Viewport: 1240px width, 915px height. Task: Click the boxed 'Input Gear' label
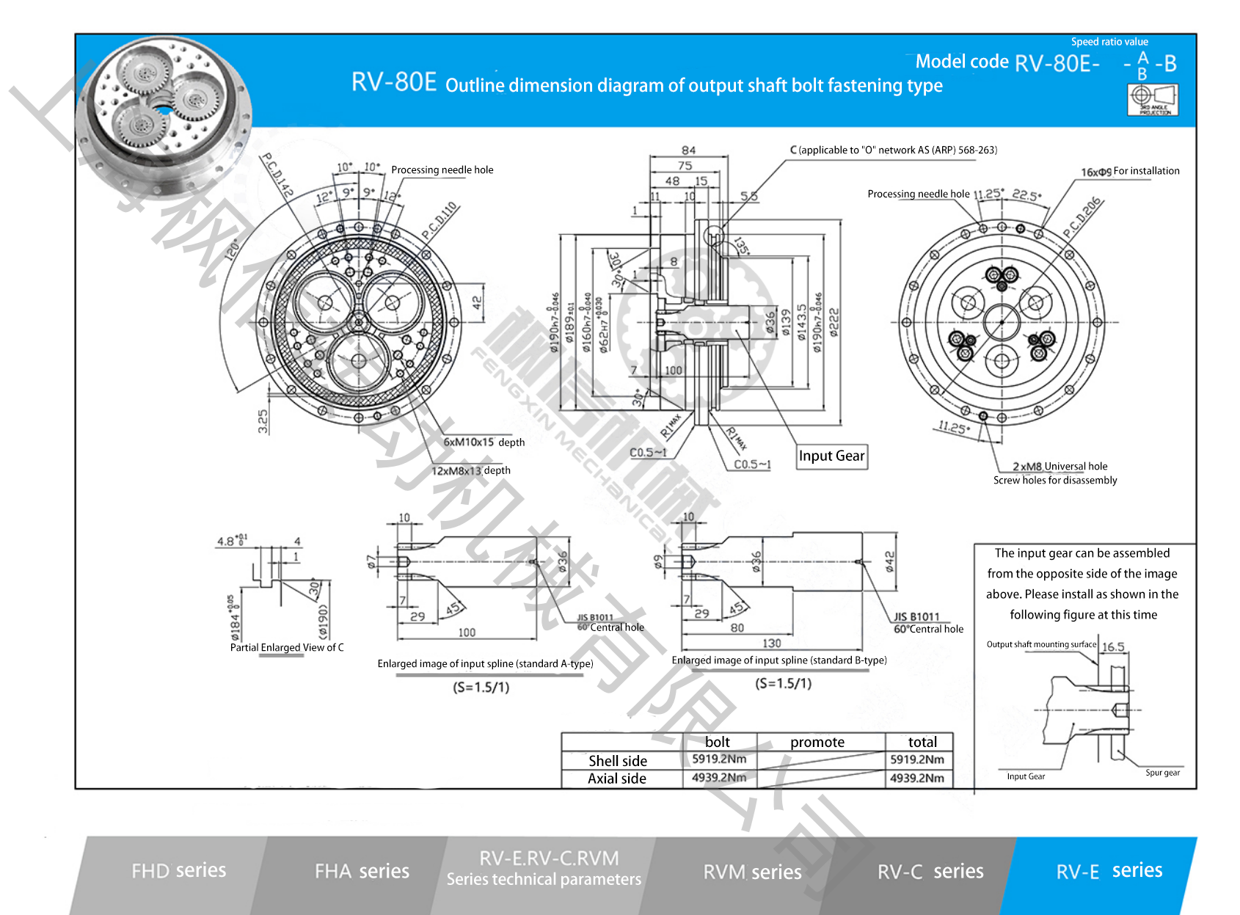point(831,456)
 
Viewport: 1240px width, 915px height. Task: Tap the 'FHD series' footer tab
point(178,870)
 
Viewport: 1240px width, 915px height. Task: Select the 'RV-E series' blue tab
point(1109,871)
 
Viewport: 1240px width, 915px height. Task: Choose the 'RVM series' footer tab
point(752,872)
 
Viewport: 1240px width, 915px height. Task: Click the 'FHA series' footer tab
point(362,871)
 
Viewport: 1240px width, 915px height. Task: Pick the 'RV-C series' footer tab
point(930,872)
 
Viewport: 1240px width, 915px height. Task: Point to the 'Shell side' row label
point(618,761)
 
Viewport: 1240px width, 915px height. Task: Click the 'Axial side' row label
point(617,779)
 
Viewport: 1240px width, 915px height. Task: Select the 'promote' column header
point(817,742)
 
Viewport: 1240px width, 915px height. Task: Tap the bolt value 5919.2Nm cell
point(719,759)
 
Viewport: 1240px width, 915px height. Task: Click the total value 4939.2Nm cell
point(917,778)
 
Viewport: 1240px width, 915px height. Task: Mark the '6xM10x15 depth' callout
point(484,442)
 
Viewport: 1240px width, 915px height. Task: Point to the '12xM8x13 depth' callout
point(470,470)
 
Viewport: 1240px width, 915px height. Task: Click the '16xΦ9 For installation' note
point(1130,171)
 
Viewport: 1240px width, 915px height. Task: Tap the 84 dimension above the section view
point(688,150)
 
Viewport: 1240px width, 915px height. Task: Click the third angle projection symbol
point(1153,99)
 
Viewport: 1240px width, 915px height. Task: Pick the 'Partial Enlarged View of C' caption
point(287,647)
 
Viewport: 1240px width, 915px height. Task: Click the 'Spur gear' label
point(1163,773)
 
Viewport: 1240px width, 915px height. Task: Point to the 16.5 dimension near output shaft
point(1113,646)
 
